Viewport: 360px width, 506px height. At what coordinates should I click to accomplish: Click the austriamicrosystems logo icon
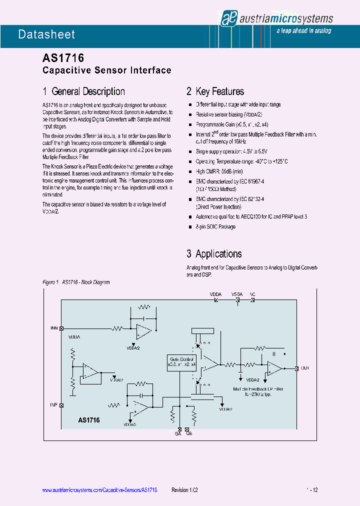[228, 18]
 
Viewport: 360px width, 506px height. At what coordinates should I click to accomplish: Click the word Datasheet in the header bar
[46, 34]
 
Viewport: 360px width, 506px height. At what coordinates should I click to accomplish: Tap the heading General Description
[84, 91]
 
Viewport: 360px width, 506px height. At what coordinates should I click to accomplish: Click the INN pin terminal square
[61, 328]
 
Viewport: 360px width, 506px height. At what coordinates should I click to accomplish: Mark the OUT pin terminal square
[297, 368]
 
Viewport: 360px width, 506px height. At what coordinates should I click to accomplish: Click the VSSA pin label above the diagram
[236, 294]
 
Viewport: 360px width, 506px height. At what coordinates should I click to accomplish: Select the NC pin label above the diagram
[252, 294]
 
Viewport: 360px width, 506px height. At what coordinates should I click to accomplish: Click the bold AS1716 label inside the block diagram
[89, 420]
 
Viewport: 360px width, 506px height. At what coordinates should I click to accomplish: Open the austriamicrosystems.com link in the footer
[99, 490]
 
